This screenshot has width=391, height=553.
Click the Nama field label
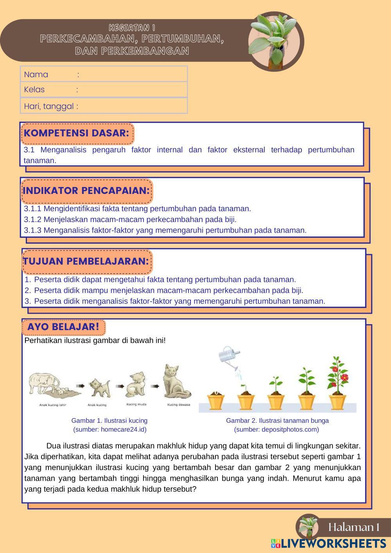36,74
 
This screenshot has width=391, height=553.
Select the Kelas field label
34,90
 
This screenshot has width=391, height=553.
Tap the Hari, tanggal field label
49,106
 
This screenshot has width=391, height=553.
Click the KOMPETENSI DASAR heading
76,133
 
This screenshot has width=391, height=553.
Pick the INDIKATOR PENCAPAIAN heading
86,191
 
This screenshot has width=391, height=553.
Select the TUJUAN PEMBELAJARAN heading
86,261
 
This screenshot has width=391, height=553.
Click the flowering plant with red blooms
337,375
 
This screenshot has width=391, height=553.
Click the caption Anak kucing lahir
53,405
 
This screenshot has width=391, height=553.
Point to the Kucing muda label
136,404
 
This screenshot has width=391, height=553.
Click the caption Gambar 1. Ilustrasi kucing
109,421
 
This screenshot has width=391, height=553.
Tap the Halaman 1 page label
354,527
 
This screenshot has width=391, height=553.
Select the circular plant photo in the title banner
275,41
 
